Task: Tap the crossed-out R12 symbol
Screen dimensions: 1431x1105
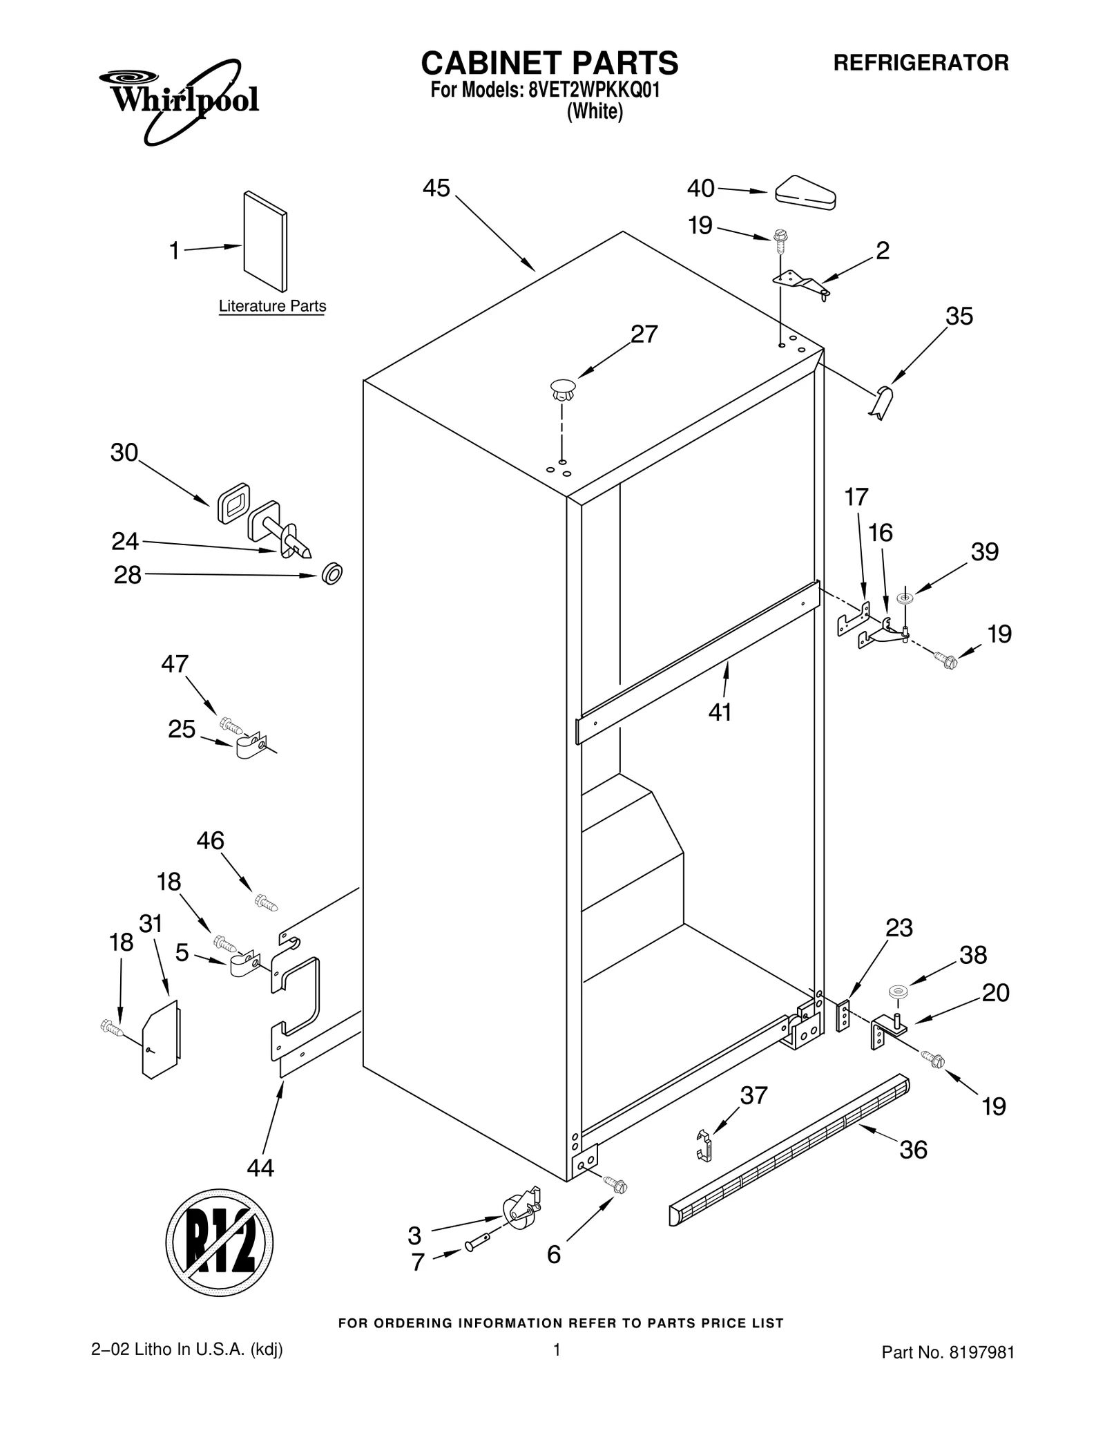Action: (x=219, y=1243)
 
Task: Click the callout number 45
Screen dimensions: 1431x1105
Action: (x=436, y=188)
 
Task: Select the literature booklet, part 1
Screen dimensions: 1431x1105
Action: (x=265, y=241)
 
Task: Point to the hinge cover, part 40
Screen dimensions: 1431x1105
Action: (x=805, y=193)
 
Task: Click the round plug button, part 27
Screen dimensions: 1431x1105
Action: (x=563, y=390)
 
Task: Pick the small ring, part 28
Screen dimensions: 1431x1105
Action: (x=332, y=573)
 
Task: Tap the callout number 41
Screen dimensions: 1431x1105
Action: (x=720, y=712)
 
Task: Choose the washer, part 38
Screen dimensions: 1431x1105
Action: (x=898, y=992)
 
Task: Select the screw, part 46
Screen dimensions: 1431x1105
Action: (x=266, y=902)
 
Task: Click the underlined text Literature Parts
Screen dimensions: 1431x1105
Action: (x=272, y=305)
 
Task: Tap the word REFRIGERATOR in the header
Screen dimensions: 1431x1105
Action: (x=921, y=63)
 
